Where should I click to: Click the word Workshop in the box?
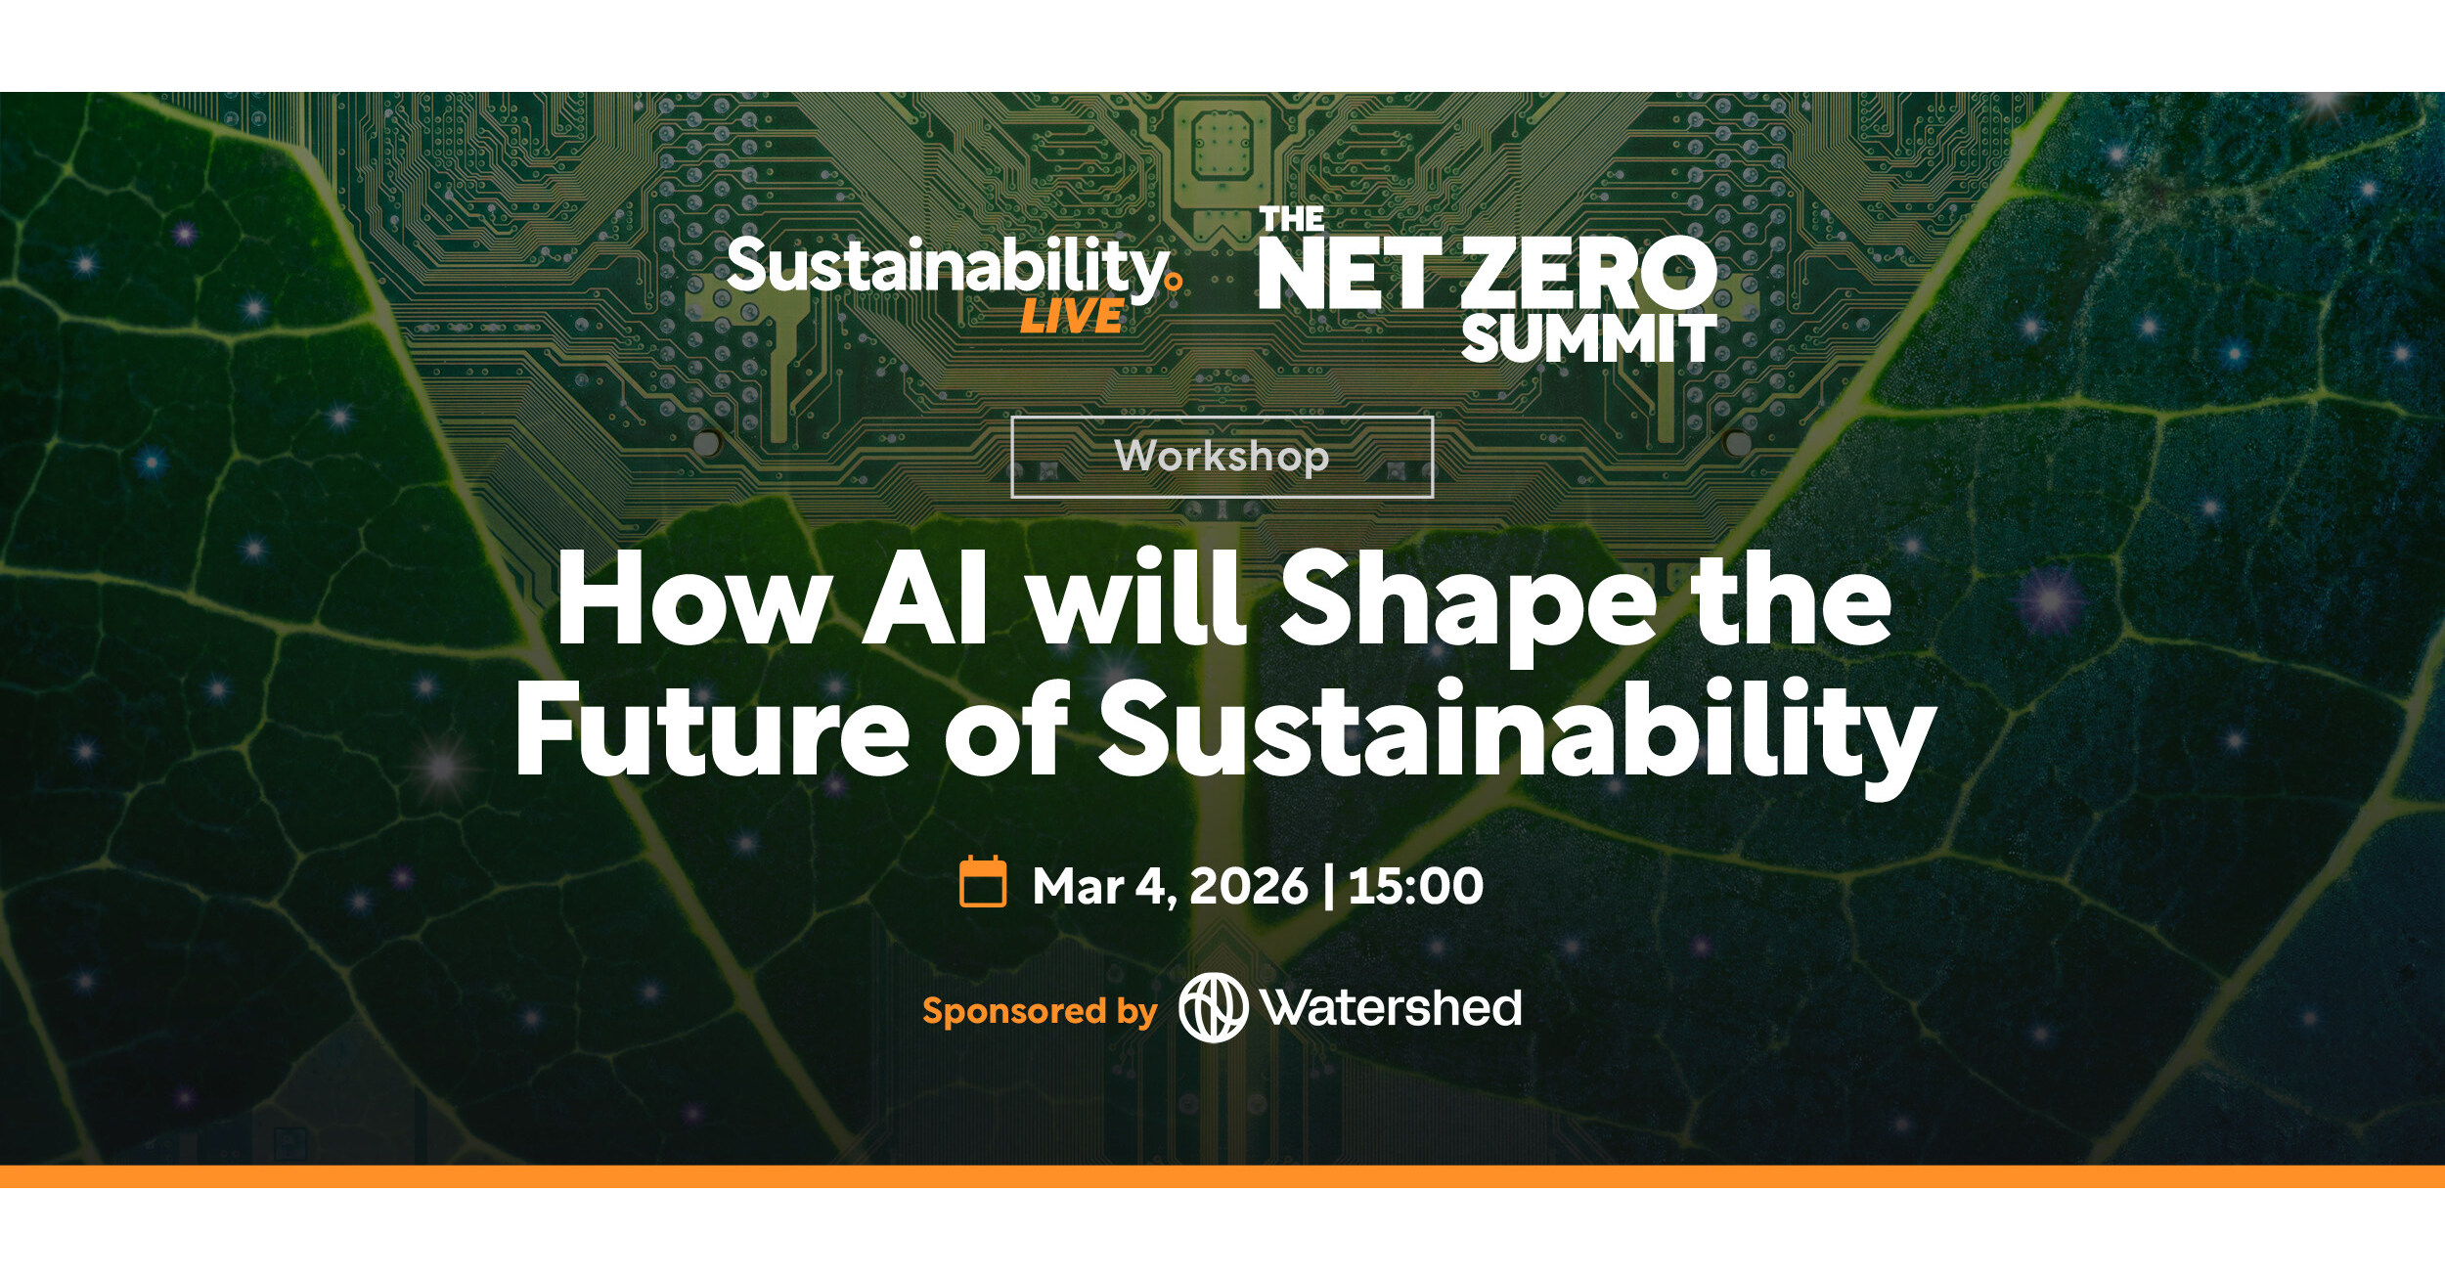coord(1222,457)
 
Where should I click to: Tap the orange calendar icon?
coord(983,882)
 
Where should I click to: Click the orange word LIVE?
coord(1071,317)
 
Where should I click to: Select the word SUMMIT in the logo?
coord(1588,338)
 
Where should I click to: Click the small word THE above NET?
coord(1291,219)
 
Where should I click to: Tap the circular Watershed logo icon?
coord(1213,1008)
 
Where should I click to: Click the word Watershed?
coord(1392,1008)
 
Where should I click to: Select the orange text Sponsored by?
coord(1040,1010)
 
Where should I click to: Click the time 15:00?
coord(1415,885)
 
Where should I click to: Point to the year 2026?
coord(1248,885)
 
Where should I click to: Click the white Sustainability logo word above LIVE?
coord(947,267)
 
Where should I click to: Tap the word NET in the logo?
coord(1349,274)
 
